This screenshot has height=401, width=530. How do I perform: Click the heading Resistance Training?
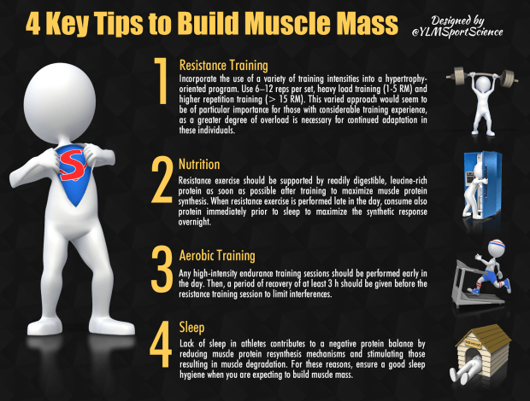[x=223, y=66]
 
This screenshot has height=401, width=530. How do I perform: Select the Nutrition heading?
[x=199, y=165]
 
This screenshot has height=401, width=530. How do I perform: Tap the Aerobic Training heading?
[x=217, y=256]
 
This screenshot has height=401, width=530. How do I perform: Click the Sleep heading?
[x=191, y=328]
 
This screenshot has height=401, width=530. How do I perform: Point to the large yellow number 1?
[x=162, y=80]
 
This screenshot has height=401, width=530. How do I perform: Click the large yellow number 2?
[x=162, y=180]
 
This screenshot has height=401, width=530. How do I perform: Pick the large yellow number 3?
[x=162, y=269]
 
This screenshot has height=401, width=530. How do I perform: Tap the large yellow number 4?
[x=161, y=344]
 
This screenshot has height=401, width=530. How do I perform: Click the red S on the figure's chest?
[x=72, y=166]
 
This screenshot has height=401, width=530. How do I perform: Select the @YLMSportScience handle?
[x=457, y=32]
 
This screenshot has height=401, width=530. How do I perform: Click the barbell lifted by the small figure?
[x=482, y=77]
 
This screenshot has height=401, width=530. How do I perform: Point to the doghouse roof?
[x=484, y=337]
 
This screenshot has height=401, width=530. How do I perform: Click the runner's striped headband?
[x=497, y=243]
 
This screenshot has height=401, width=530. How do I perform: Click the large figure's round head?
[x=60, y=103]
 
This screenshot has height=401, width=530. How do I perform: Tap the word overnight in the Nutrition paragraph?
[x=195, y=222]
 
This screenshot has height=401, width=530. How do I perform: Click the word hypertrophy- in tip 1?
[x=406, y=79]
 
